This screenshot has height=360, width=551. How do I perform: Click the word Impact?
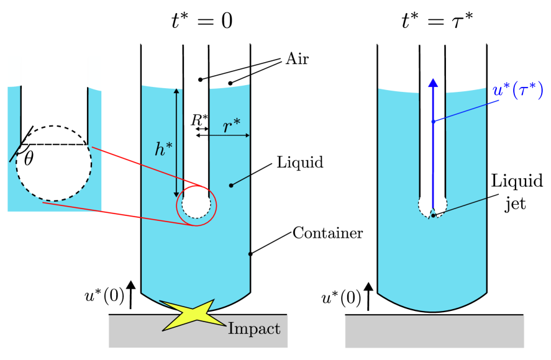click(254, 329)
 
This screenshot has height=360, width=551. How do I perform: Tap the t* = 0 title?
click(202, 22)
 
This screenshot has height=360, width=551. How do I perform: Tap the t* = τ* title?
click(437, 22)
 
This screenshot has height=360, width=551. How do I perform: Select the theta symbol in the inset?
click(29, 159)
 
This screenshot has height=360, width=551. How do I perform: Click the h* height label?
click(163, 149)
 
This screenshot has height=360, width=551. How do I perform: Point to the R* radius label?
click(199, 120)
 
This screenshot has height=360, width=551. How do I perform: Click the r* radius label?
click(232, 125)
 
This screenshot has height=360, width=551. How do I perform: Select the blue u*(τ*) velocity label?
click(517, 91)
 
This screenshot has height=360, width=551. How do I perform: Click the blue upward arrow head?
click(433, 83)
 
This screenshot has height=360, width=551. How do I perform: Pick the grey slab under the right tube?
click(434, 331)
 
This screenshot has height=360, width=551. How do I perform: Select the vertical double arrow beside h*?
click(176, 143)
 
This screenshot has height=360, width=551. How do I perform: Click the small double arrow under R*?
click(202, 129)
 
